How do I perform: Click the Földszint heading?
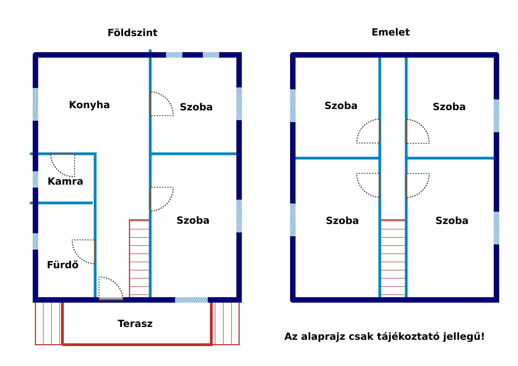[x=132, y=33]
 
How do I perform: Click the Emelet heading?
[x=390, y=32]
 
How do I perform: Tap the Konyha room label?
[x=89, y=105]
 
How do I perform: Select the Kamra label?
[x=65, y=181]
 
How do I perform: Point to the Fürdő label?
[x=63, y=265]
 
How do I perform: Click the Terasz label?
[x=135, y=324]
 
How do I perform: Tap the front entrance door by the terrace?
[x=111, y=288]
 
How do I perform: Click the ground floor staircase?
[x=139, y=258]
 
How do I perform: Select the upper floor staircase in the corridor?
[x=393, y=258]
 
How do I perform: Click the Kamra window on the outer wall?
[x=35, y=179]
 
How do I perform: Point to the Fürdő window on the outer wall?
[x=35, y=241]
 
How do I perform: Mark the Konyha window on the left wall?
[x=35, y=104]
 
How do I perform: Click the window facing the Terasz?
[x=191, y=300]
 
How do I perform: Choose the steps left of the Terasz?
[x=48, y=324]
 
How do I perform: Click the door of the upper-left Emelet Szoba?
[x=368, y=131]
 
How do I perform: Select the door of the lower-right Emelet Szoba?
[x=418, y=185]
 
